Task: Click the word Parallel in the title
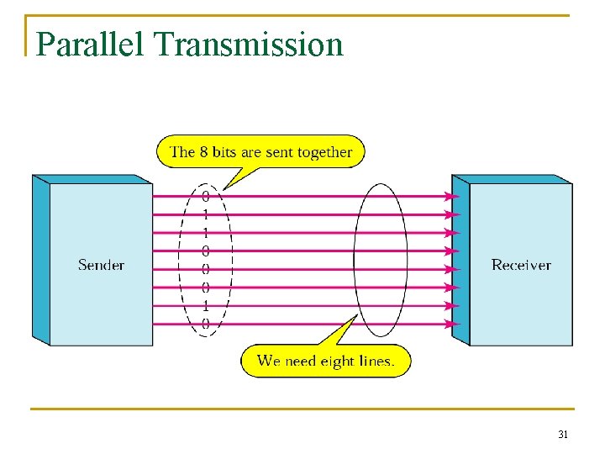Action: point(90,45)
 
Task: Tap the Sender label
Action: point(101,265)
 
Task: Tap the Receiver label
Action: point(521,265)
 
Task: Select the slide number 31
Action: point(563,435)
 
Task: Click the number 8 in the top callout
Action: point(203,152)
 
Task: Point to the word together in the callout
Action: point(322,152)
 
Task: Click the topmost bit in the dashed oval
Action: point(206,196)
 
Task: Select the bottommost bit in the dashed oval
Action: point(206,324)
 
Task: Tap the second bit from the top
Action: point(206,214)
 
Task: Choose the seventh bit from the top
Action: point(206,305)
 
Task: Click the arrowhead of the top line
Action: point(453,196)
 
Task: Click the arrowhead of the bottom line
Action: point(453,324)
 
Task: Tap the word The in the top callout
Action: point(182,152)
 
